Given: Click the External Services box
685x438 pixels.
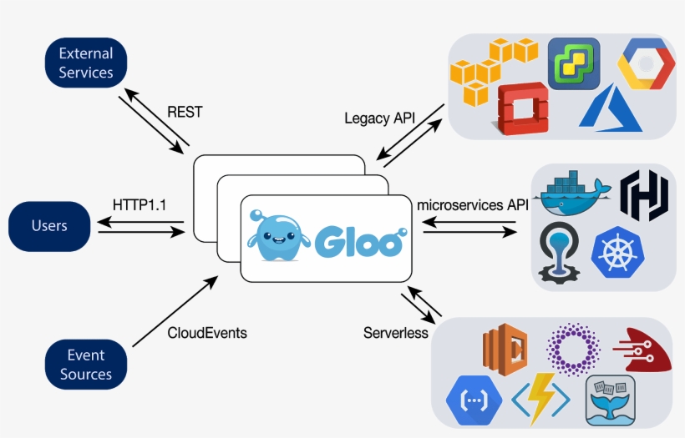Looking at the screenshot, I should point(85,63).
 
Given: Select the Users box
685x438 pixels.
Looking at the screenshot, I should point(49,226).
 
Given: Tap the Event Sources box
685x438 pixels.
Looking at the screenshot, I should point(85,365).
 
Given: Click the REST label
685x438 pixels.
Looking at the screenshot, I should point(185,112).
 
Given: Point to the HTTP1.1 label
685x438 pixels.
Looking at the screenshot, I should point(137,204).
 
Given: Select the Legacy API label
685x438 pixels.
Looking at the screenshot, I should point(379,118).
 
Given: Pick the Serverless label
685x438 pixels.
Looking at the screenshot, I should point(395,333).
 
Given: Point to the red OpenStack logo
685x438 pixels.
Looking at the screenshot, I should point(522,107).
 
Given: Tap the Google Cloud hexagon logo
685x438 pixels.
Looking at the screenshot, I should point(646,64).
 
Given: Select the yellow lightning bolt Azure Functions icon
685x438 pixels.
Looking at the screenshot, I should point(540,400).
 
